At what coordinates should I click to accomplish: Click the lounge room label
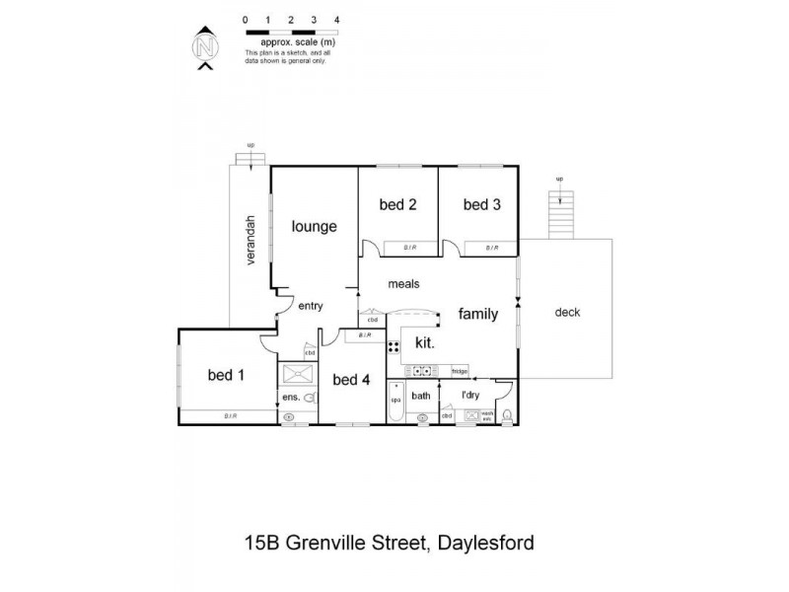[314, 226]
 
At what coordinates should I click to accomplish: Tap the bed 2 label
[397, 204]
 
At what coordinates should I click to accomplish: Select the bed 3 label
[482, 204]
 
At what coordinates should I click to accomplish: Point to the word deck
[567, 313]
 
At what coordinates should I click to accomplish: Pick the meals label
[403, 283]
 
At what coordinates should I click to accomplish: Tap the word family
[477, 314]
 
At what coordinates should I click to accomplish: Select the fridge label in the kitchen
[459, 371]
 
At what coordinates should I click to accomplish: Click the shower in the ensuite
[295, 375]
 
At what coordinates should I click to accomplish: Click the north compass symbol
[205, 47]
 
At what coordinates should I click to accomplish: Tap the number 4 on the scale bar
[337, 20]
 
